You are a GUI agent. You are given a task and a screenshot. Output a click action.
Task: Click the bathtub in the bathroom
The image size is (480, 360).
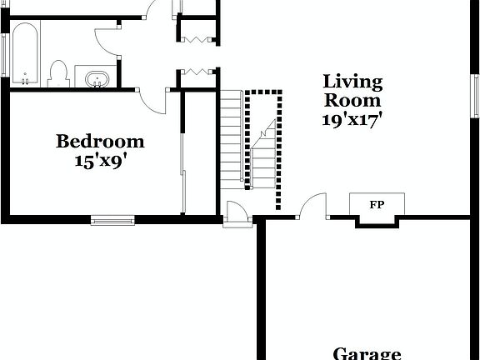pyautogui.click(x=24, y=54)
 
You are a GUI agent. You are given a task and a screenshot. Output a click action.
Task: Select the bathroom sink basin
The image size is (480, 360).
pyautogui.click(x=97, y=79)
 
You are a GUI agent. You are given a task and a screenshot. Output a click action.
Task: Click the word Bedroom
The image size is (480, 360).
pyautogui.click(x=100, y=142)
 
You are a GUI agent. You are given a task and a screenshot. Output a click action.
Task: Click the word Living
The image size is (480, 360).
pyautogui.click(x=352, y=82)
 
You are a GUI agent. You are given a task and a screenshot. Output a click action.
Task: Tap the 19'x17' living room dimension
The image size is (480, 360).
pyautogui.click(x=352, y=119)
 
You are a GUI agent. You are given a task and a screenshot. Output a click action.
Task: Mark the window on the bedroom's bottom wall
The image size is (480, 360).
pyautogui.click(x=112, y=220)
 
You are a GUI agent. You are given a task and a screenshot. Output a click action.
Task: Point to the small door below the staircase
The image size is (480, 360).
pyautogui.click(x=237, y=212)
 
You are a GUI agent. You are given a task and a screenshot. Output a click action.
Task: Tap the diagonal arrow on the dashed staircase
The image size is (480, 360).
pyautogui.click(x=266, y=129)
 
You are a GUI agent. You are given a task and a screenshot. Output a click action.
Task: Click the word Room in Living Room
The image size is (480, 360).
pyautogui.click(x=352, y=101)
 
